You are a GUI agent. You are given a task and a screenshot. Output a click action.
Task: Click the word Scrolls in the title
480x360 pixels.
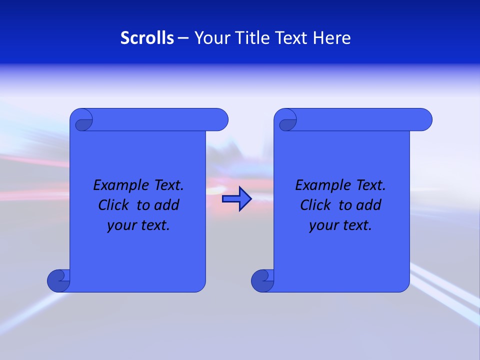click(147, 38)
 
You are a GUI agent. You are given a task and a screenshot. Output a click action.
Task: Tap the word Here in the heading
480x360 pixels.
click(332, 38)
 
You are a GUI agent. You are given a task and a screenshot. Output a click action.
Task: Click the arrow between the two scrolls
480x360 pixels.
click(236, 199)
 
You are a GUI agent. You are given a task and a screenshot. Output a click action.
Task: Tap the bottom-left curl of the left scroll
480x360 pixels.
click(58, 280)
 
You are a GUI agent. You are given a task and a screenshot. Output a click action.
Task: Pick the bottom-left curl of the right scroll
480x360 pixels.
click(262, 280)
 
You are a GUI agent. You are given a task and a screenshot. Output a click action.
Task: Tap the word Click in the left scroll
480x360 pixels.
click(113, 205)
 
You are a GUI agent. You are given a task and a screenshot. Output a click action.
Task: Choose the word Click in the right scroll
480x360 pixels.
click(315, 205)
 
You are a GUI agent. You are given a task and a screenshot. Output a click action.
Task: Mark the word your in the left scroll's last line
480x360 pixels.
click(120, 226)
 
